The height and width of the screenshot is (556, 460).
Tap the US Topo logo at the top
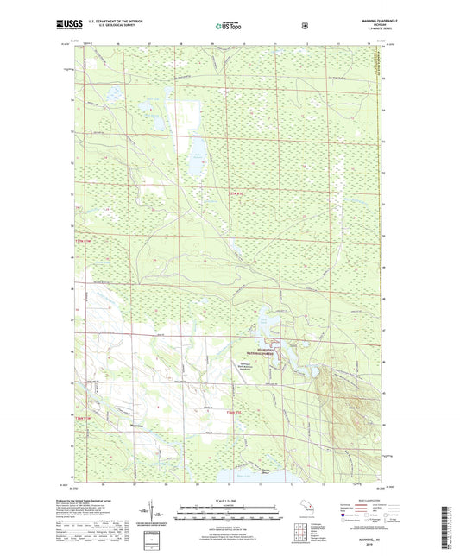click(x=228, y=26)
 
